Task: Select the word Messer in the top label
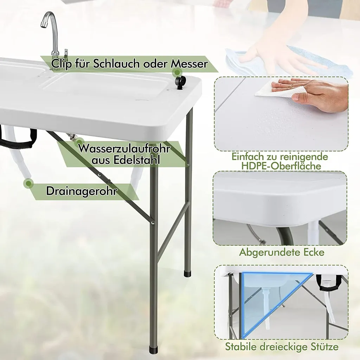point(189,64)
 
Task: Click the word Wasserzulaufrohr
point(124,148)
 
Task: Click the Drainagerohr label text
point(82,191)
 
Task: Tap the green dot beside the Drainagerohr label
point(28,184)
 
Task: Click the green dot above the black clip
point(177,72)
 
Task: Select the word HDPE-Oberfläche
point(281,166)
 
